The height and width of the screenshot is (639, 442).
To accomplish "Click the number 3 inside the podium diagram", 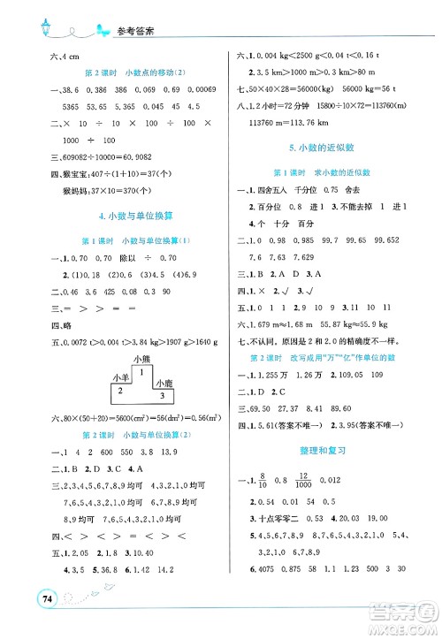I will coord(161,396).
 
